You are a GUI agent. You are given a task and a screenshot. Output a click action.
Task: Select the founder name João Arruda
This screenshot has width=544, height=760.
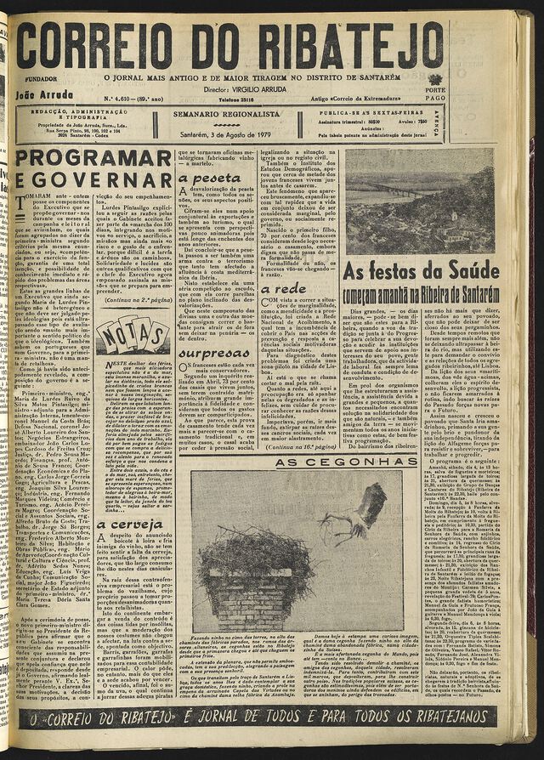point(45,95)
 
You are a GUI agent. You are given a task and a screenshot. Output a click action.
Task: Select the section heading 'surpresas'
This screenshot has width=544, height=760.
point(214,352)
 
